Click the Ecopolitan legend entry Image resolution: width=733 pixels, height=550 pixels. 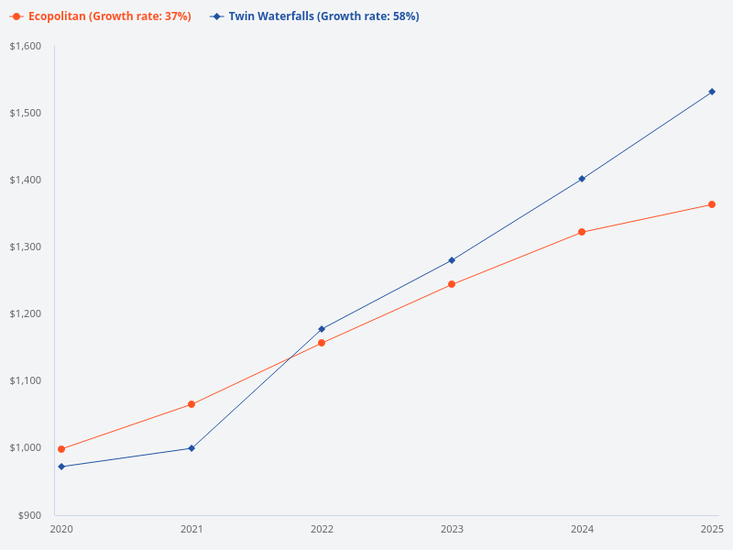[x=101, y=16]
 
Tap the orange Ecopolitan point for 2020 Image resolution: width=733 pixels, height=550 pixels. [x=61, y=449]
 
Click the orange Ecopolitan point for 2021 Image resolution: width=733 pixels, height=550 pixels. [x=191, y=404]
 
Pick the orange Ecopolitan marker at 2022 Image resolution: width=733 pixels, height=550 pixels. [x=322, y=343]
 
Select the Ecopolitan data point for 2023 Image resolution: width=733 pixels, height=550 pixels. [x=452, y=284]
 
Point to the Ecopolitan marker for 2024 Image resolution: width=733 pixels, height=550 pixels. [x=582, y=232]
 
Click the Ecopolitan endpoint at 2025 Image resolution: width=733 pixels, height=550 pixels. [x=712, y=204]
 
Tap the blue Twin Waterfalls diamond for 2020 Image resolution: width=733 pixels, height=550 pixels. [x=61, y=467]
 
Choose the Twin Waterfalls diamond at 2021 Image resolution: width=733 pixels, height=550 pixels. [x=191, y=448]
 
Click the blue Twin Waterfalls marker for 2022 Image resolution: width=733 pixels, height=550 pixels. [x=322, y=328]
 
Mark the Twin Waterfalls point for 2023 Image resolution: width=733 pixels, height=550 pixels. [x=452, y=260]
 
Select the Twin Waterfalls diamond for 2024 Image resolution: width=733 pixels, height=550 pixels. [x=582, y=179]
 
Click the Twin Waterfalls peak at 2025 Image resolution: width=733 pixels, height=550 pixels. [x=712, y=92]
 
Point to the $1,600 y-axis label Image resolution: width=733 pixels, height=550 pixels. [x=25, y=46]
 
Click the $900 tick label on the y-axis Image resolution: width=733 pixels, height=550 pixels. [x=28, y=515]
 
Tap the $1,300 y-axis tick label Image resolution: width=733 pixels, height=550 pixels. [x=25, y=247]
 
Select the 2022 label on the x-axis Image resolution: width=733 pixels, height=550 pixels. [x=322, y=529]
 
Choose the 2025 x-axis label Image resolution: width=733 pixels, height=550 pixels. [x=712, y=529]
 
